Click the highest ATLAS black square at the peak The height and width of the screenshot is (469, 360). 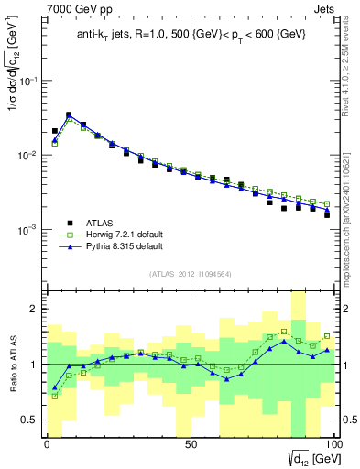tap(69, 115)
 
